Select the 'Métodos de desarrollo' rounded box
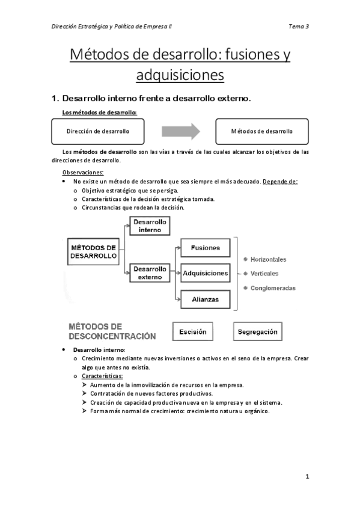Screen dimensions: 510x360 tap(262, 131)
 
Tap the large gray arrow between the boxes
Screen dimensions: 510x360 tap(181, 131)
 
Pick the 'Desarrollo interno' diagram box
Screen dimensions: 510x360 tap(150, 226)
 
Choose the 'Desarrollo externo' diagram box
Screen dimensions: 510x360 tap(150, 273)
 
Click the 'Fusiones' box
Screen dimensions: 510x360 tap(205, 248)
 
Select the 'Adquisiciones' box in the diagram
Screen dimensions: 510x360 tap(205, 273)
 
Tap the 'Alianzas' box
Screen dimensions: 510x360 tap(205, 298)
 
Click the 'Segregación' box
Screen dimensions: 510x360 tap(257, 331)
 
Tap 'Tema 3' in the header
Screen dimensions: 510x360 tap(299, 26)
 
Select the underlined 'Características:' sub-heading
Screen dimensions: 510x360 tap(102, 376)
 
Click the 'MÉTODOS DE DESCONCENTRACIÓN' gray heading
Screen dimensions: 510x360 tap(112, 331)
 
